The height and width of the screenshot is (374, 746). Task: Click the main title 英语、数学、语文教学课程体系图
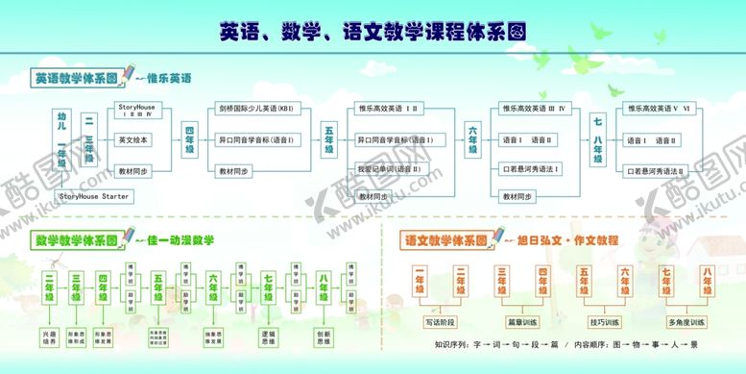click(x=372, y=31)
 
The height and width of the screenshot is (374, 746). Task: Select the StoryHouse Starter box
click(x=94, y=196)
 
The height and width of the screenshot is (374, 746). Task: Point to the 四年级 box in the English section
click(x=191, y=140)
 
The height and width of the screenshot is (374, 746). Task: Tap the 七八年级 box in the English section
click(x=598, y=140)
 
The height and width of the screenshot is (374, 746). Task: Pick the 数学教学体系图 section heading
click(x=76, y=238)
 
